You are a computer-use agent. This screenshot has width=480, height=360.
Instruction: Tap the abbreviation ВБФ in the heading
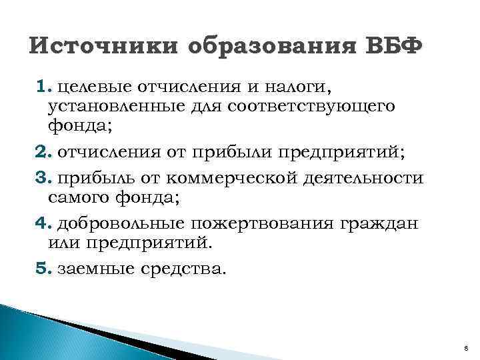click(394, 49)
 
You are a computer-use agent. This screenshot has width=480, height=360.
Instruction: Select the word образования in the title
click(273, 49)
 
